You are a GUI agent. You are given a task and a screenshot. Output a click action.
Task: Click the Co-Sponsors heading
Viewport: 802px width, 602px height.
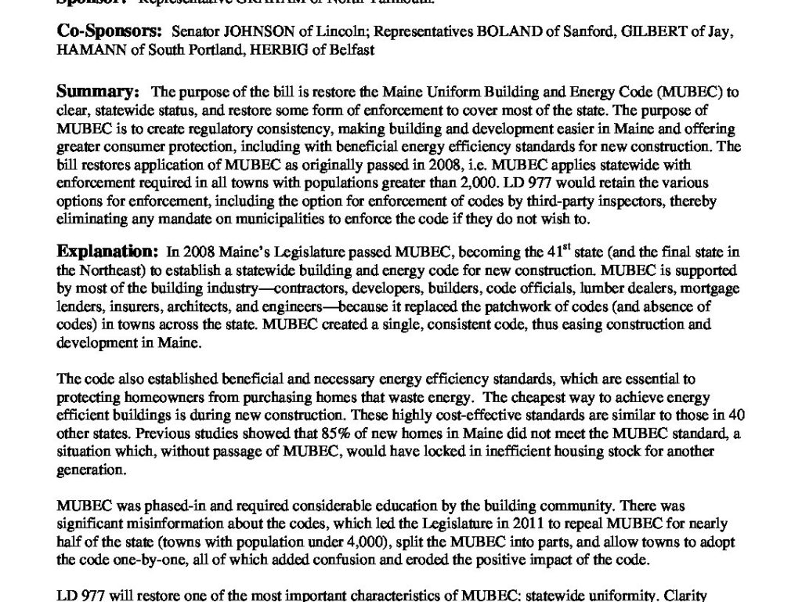coord(110,32)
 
